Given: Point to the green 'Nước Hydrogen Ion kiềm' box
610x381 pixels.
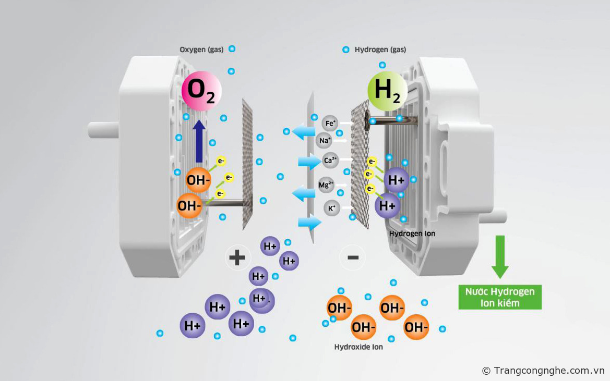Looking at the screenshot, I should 500,297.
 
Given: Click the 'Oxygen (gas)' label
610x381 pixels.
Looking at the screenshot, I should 201,50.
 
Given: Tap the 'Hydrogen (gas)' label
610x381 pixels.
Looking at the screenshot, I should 380,50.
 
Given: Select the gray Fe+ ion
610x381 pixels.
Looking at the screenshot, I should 330,124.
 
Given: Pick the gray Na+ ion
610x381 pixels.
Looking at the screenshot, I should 324,140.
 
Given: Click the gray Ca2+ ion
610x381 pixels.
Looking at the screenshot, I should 330,161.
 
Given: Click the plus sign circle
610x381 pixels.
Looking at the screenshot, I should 237,257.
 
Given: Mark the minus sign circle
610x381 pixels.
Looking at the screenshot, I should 353,257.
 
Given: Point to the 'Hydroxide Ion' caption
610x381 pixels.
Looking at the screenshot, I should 358,347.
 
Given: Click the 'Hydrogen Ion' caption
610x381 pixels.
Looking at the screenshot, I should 412,233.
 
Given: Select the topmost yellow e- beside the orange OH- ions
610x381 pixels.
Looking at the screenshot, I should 221,161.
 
